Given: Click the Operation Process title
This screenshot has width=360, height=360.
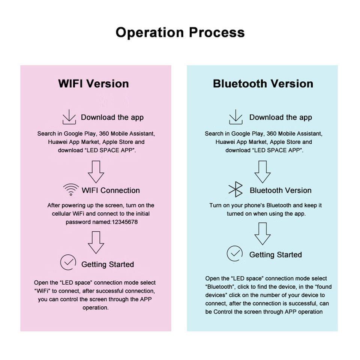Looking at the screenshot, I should (180, 32).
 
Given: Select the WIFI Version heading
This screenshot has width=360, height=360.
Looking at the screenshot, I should (93, 83).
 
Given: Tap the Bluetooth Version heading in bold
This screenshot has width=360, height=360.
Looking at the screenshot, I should (263, 83).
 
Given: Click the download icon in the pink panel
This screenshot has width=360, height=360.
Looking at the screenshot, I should (69, 117).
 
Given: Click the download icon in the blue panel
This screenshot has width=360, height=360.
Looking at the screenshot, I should (235, 117).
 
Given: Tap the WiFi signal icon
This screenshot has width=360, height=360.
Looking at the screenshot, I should (71, 190).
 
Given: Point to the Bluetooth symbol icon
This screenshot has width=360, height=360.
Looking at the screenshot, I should (235, 190).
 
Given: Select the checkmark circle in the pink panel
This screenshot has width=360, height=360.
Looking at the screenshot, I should (68, 262).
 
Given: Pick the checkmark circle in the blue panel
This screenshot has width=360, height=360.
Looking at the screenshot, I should (235, 254).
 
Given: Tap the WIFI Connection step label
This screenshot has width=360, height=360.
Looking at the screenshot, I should (111, 190).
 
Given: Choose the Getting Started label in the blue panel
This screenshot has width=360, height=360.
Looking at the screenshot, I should (275, 255).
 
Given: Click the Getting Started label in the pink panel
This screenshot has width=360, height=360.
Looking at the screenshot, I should (108, 264).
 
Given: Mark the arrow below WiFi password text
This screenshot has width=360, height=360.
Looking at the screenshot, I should (96, 242).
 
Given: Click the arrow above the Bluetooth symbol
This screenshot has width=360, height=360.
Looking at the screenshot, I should (262, 172).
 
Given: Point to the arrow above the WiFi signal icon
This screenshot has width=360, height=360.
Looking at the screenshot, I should (96, 172).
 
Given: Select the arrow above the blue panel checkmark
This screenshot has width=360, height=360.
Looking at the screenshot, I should (262, 234).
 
